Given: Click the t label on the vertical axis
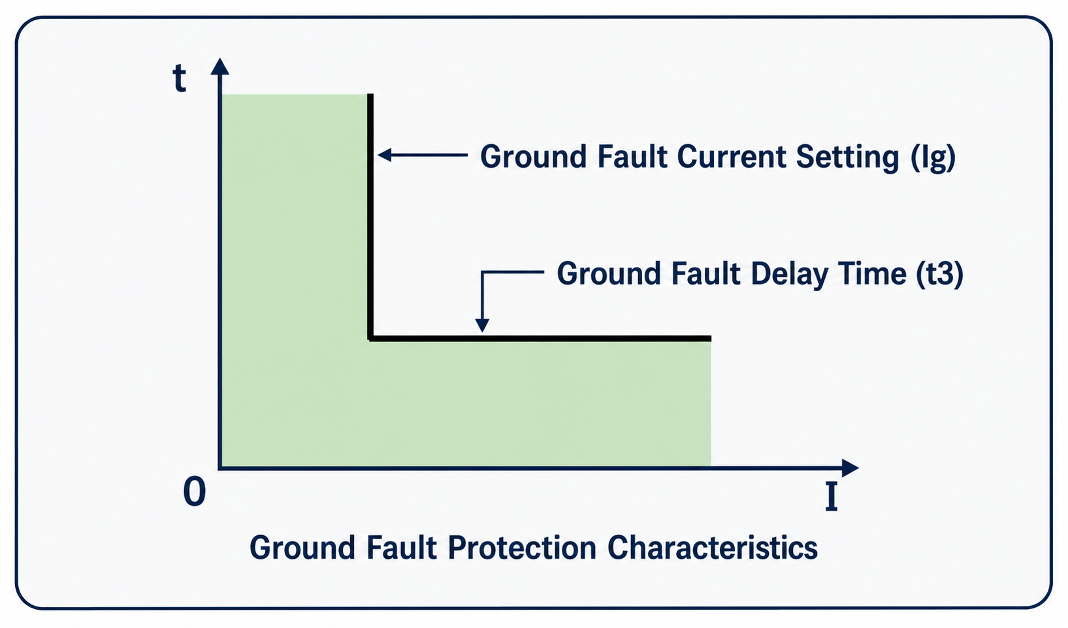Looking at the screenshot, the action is click(x=179, y=78).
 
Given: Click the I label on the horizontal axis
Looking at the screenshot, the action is click(x=831, y=497).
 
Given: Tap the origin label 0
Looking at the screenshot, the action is click(x=195, y=492).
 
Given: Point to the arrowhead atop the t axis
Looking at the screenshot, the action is click(x=219, y=66).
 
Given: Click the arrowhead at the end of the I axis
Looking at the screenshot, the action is click(x=850, y=468).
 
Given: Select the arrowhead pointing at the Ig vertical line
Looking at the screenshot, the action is click(x=385, y=155).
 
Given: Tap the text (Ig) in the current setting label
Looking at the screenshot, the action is click(x=933, y=158).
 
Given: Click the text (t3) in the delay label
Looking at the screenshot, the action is click(x=939, y=274).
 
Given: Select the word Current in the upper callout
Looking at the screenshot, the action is click(x=731, y=157).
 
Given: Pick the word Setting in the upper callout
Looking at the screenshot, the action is click(x=847, y=158).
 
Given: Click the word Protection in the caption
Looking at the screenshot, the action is click(x=522, y=548).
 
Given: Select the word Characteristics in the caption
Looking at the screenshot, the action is click(x=712, y=547).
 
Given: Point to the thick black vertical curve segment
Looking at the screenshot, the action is click(x=370, y=216).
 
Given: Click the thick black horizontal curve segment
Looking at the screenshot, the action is click(x=540, y=338).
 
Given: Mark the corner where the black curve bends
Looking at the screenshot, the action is click(x=370, y=338).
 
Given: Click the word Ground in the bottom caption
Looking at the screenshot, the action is click(x=302, y=548).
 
